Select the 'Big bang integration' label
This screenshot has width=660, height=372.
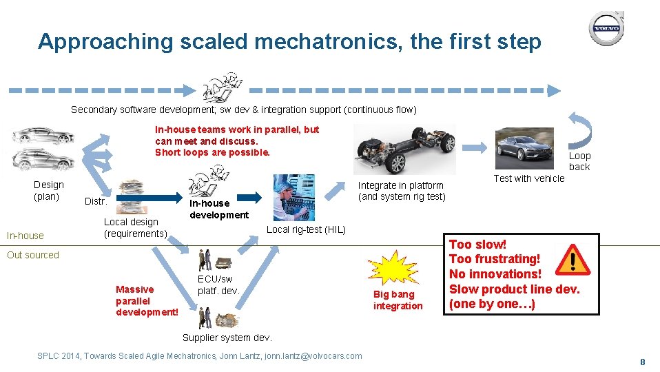(398, 300)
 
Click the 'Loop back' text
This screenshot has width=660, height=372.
(579, 161)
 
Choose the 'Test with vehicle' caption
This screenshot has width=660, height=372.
(528, 178)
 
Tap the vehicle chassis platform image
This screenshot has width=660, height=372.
(404, 149)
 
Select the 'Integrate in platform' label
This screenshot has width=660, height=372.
(401, 191)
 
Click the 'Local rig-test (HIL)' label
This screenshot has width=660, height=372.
(306, 229)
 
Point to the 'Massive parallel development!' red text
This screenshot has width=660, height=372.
(147, 300)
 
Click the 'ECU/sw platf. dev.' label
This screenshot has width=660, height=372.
(218, 285)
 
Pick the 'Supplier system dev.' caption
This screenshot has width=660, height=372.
(227, 338)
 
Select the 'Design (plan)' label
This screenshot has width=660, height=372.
(48, 190)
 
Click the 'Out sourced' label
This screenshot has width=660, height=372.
(33, 255)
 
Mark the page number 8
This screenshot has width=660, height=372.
(642, 362)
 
